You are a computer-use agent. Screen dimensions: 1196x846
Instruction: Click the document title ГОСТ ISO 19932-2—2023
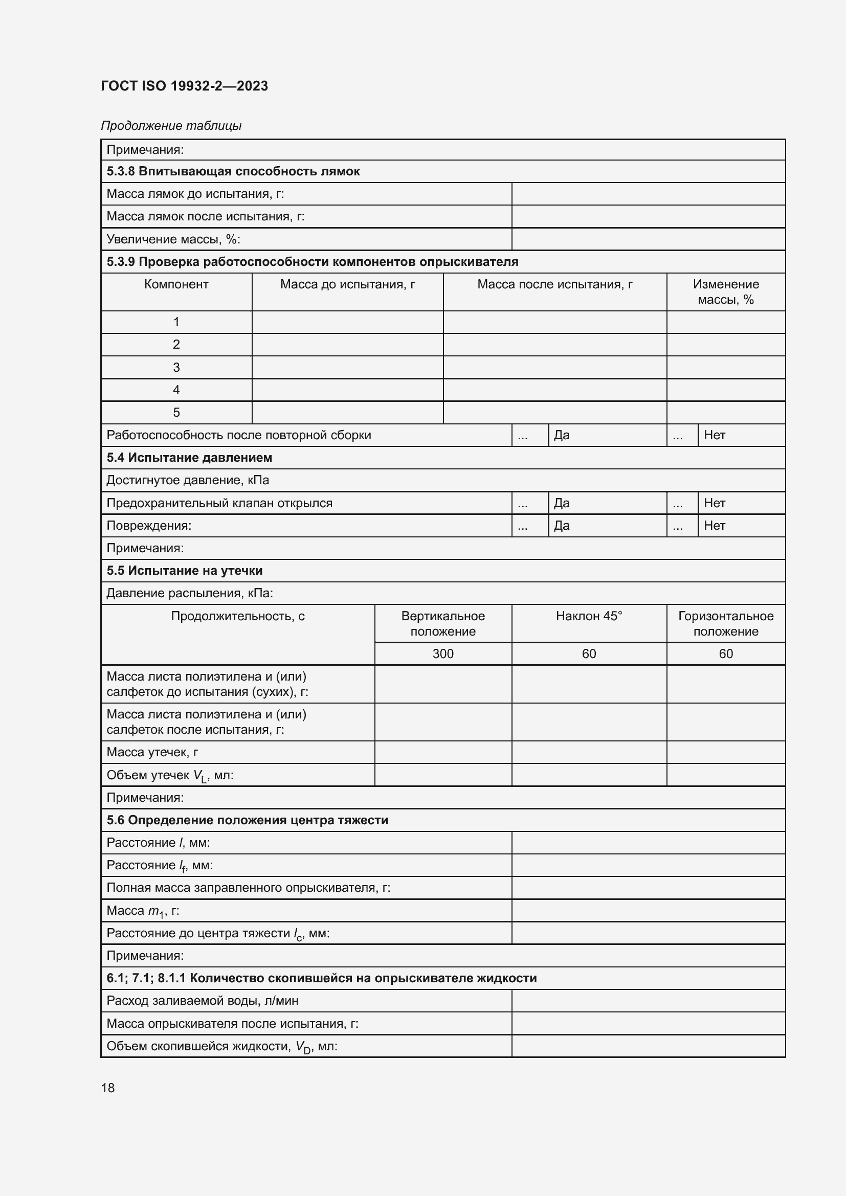coord(184,86)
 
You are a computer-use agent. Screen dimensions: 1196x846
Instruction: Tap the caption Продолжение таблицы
coord(171,126)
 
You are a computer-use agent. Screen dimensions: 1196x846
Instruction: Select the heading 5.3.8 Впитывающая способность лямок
coord(233,171)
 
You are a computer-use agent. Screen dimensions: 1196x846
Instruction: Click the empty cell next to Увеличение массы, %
coord(648,239)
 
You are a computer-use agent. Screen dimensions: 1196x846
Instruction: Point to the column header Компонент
coord(176,284)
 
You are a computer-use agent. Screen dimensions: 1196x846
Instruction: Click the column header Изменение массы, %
coord(726,291)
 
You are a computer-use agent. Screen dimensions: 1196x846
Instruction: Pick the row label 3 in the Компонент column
coord(176,367)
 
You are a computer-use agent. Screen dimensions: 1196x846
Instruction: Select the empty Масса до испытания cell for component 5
coord(347,413)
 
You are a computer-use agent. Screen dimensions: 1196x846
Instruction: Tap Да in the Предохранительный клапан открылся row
coord(562,503)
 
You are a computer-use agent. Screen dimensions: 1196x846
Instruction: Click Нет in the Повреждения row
coord(714,526)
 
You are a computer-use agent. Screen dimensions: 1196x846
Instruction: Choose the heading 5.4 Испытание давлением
coord(189,458)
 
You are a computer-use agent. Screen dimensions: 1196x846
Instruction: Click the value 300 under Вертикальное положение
coord(443,654)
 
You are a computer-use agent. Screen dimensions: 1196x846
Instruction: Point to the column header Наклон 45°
coord(589,616)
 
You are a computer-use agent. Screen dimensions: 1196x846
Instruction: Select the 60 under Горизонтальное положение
coord(726,654)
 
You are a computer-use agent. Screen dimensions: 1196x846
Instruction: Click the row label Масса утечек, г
coord(152,752)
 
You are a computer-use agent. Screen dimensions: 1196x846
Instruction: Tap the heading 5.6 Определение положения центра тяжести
coord(248,820)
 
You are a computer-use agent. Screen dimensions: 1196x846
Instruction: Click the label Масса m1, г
coord(143,911)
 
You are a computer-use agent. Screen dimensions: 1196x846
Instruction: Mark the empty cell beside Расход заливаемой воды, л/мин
coord(648,1001)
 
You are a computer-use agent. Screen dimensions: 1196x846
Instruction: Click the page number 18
coord(108,1088)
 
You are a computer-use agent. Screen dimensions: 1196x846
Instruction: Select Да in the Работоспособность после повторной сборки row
coord(562,435)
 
